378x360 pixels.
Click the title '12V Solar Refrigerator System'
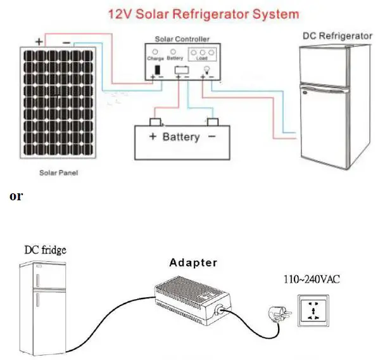[193, 13]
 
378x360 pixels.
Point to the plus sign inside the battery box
[152, 137]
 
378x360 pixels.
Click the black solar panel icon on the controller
[156, 68]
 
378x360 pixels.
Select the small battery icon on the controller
[181, 69]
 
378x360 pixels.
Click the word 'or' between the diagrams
[16, 196]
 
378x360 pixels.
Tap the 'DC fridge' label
[45, 250]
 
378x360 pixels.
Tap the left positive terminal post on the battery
[154, 121]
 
